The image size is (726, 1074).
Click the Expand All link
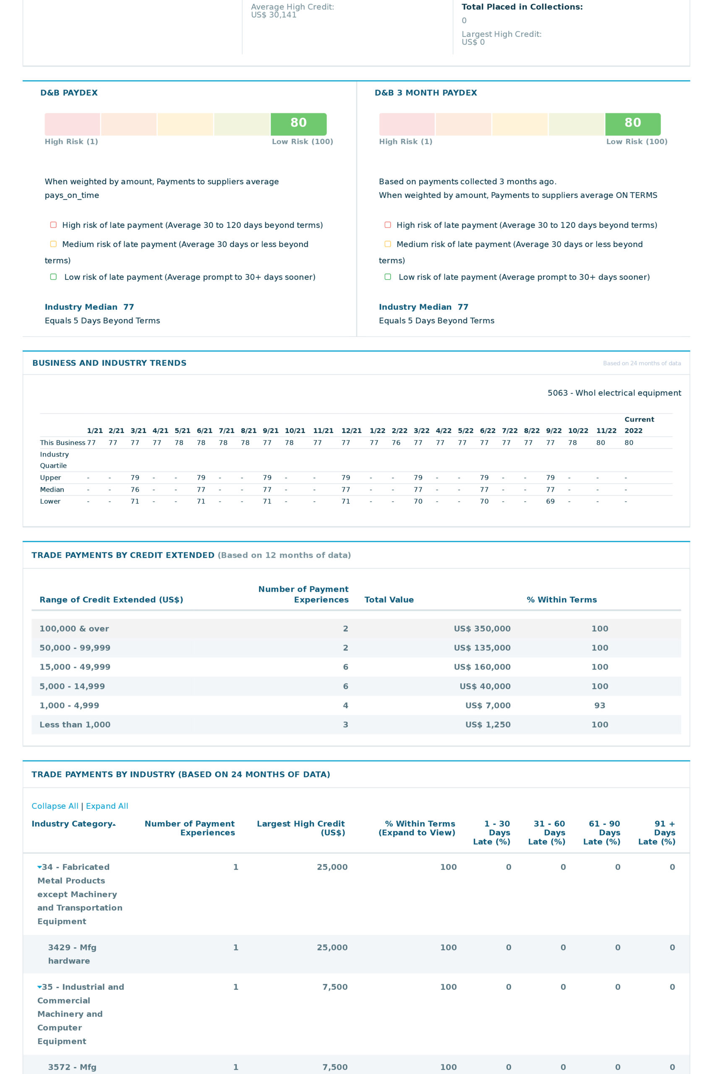[107, 806]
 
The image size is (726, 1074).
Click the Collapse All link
[55, 806]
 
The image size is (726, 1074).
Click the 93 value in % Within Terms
[599, 705]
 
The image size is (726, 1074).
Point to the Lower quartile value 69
[550, 501]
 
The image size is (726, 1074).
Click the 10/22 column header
[578, 431]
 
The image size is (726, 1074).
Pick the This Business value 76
[396, 443]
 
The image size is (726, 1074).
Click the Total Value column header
[389, 600]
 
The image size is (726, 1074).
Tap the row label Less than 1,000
[75, 725]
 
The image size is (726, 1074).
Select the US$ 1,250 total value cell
[488, 725]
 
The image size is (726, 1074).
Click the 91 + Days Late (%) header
[657, 832]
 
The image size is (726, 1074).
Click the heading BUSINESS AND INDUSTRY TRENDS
[109, 363]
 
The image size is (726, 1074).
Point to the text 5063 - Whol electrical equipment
[614, 393]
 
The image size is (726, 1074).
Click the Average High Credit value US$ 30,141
[274, 15]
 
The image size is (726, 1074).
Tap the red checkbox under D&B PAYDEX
[53, 225]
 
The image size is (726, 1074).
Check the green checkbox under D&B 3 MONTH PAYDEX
[388, 277]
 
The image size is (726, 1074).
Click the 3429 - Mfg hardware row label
[72, 954]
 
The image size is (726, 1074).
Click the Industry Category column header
[73, 824]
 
